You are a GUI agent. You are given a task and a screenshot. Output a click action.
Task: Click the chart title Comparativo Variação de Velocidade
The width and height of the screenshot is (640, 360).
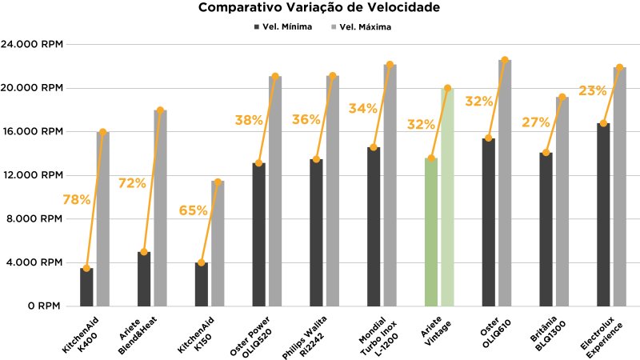319,9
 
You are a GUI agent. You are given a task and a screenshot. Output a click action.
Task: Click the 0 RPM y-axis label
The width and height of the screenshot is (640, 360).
43,306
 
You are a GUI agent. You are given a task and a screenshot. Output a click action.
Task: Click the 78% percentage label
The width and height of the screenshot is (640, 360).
76,200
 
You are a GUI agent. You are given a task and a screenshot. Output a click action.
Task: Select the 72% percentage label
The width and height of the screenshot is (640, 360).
133,184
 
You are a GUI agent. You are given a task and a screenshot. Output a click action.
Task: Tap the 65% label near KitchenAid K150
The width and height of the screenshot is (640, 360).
193,211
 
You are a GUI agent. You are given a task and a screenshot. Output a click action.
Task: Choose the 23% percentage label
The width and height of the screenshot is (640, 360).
592,91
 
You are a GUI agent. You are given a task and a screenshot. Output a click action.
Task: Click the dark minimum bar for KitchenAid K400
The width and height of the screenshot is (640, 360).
86,287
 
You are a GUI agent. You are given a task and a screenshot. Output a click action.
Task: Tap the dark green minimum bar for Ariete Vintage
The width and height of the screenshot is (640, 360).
431,232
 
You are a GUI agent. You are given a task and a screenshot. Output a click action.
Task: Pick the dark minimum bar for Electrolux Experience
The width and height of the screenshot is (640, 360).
603,216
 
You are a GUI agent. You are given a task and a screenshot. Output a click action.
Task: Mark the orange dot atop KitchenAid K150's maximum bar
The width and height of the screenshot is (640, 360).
218,182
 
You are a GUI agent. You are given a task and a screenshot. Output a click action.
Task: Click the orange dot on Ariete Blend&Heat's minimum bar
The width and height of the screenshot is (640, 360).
144,252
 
